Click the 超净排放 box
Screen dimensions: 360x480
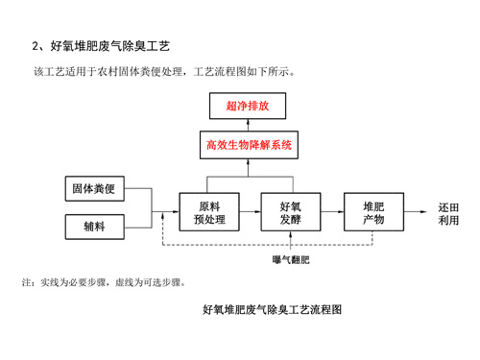pos(248,107)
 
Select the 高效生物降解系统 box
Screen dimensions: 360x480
pos(248,146)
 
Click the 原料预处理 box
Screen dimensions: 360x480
pos(208,212)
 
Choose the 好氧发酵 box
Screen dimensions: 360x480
pos(290,212)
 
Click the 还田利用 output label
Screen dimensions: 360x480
pos(448,213)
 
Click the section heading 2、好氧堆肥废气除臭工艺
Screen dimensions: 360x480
pos(103,45)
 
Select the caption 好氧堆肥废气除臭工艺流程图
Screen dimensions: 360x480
pos(273,310)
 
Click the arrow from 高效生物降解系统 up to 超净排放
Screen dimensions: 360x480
pos(248,126)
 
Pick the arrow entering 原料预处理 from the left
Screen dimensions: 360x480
pos(168,212)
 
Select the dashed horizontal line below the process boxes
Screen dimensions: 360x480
pos(288,245)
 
